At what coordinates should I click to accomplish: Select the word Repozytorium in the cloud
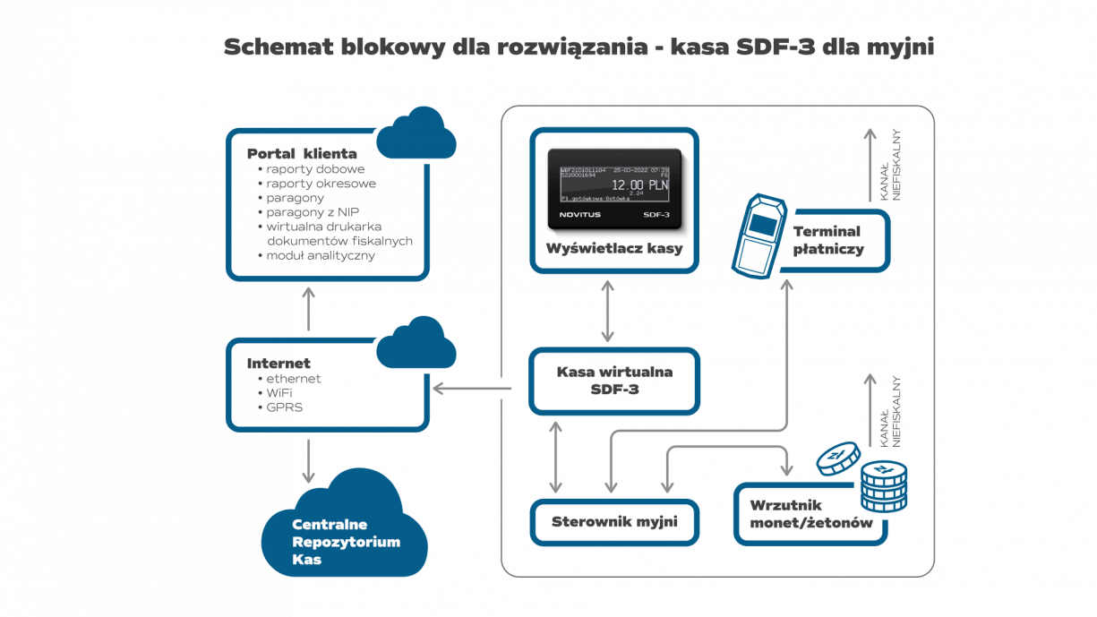point(346,542)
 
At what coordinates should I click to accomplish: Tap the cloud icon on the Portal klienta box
point(416,134)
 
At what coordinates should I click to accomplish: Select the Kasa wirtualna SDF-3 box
point(613,381)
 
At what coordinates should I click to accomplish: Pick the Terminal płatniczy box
point(828,240)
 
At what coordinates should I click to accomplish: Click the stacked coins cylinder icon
point(883,486)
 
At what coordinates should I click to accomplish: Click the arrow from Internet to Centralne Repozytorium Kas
point(308,460)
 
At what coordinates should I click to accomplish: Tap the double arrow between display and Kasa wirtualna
point(608,310)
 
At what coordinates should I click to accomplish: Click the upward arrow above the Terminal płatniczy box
point(868,166)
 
